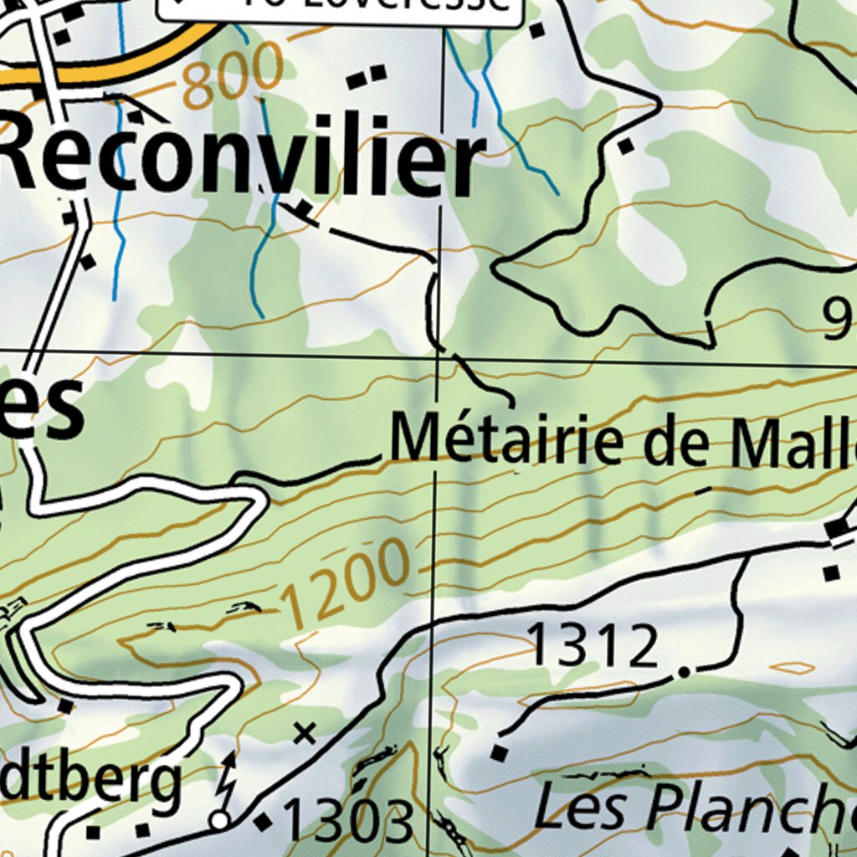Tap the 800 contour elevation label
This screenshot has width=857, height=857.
tap(233, 77)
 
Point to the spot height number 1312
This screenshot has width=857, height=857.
tap(594, 647)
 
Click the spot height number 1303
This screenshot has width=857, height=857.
tap(349, 821)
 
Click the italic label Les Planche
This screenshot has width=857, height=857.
tap(695, 808)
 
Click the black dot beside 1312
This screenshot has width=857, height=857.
tap(685, 671)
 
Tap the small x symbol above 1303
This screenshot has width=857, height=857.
tap(305, 734)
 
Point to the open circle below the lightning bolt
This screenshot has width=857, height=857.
tap(220, 820)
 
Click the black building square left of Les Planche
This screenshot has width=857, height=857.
tap(499, 753)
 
